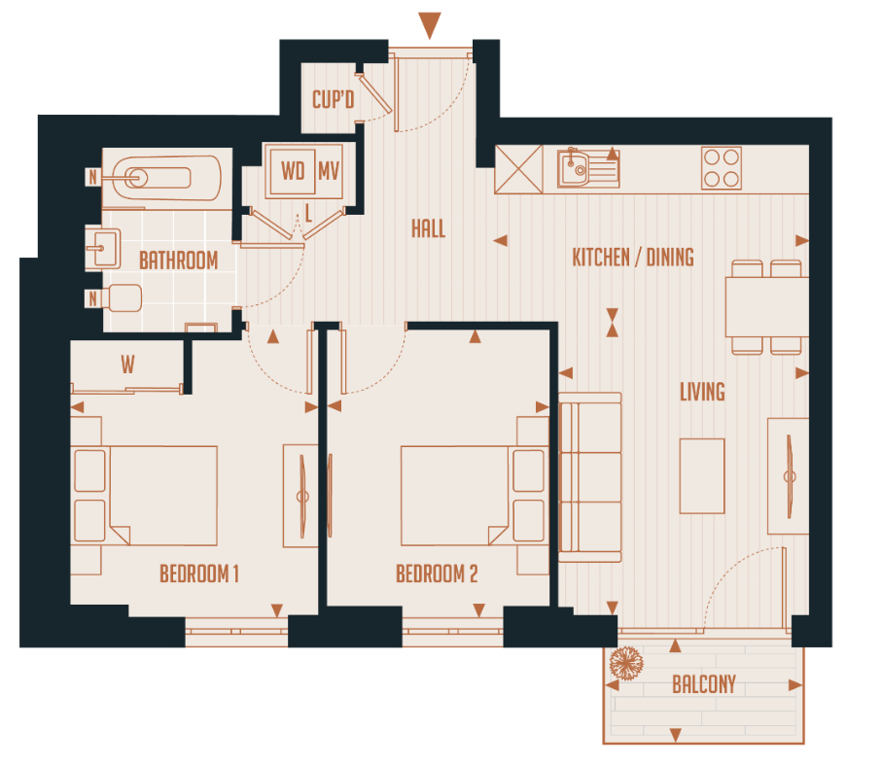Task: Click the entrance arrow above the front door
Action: click(429, 25)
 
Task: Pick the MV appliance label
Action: click(329, 171)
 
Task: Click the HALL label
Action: click(428, 228)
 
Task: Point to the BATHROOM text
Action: click(178, 261)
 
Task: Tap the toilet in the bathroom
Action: click(122, 297)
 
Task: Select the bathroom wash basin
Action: click(102, 248)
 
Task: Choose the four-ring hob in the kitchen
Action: click(722, 167)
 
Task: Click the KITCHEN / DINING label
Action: click(632, 258)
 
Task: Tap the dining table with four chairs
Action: click(765, 307)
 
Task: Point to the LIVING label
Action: click(702, 392)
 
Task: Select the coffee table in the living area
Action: click(701, 475)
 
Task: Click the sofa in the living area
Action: click(589, 476)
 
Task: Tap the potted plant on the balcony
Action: click(625, 664)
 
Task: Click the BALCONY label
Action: click(704, 684)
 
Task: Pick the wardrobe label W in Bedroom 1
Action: click(127, 365)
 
